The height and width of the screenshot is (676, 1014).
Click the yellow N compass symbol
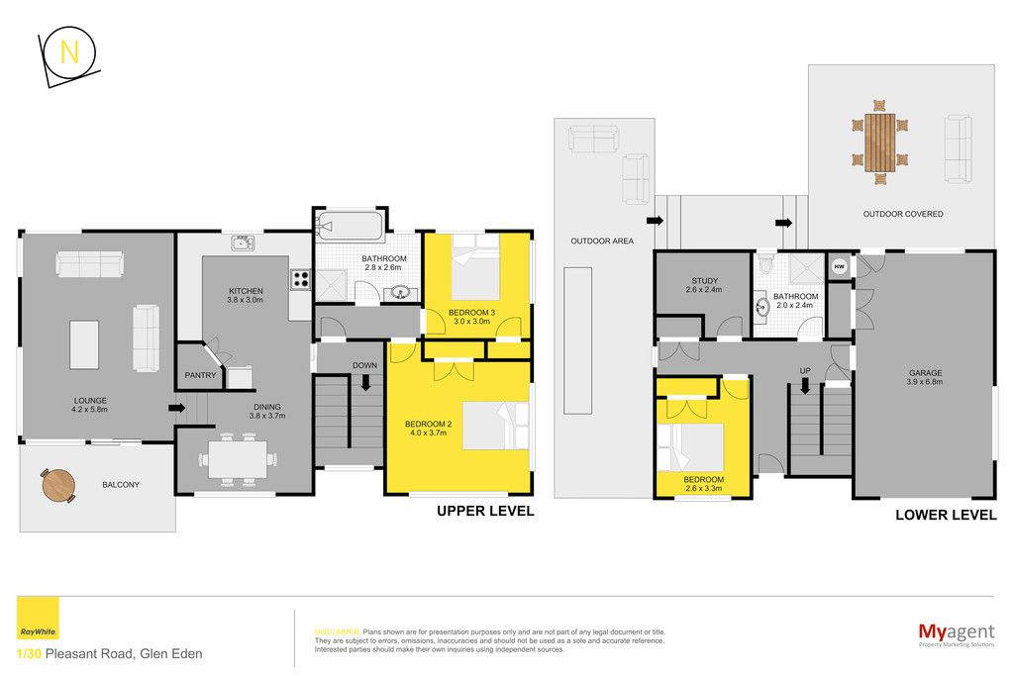pos(68,53)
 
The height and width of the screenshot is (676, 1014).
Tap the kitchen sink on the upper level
pos(244,243)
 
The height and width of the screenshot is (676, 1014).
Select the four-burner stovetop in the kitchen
pos(301,279)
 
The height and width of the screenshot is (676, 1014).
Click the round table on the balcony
pos(58,485)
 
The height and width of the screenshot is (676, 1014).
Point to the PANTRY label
pos(200,375)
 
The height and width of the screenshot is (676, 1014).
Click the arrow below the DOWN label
pos(365,383)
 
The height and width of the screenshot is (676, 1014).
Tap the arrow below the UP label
pos(805,386)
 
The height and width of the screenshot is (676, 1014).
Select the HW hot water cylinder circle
pos(839,266)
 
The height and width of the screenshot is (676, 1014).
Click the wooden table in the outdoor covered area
pos(879,143)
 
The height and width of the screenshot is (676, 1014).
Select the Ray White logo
pos(38,619)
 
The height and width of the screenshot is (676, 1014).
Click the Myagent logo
pos(957,633)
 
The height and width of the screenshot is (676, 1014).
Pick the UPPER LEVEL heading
pos(485,511)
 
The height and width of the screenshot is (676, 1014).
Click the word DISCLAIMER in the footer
pos(337,632)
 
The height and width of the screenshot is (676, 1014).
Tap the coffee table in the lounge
pos(84,344)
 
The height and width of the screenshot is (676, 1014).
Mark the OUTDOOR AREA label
pos(602,241)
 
